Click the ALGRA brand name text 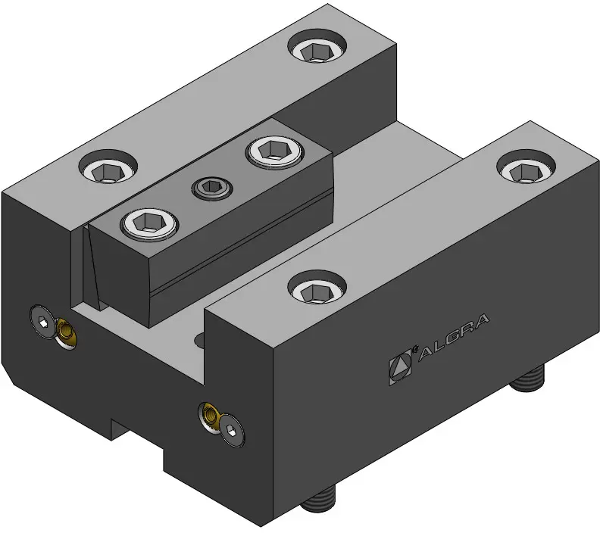(x=454, y=337)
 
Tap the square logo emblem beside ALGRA (x=401, y=366)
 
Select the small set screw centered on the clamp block (x=212, y=188)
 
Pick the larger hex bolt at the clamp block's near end (x=150, y=224)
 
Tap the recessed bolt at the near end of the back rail (x=108, y=167)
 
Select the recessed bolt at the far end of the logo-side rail (x=527, y=167)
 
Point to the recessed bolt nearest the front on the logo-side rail (x=317, y=287)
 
